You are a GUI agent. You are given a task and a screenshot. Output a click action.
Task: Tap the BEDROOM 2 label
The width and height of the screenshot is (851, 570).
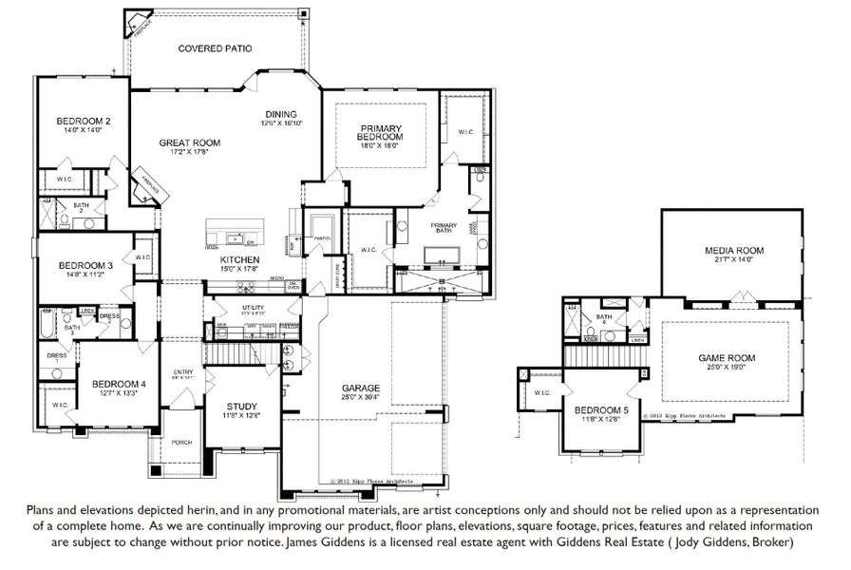pos(84,122)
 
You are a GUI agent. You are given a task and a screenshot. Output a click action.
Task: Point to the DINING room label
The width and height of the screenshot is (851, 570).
pos(280,113)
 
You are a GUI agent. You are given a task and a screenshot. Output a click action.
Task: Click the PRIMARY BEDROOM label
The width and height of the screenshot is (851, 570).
pos(381,133)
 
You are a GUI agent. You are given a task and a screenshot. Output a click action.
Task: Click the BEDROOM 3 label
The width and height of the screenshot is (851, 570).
pos(85,266)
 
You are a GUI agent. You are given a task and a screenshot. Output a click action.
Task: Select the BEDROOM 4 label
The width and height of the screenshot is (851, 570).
pos(119,384)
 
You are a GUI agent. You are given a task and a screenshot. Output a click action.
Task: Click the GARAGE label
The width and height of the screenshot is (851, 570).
pos(361,389)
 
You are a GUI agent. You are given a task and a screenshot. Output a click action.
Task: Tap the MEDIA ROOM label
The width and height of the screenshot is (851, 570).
pos(733,251)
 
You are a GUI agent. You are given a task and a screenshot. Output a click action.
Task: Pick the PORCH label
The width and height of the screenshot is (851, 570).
pos(181,443)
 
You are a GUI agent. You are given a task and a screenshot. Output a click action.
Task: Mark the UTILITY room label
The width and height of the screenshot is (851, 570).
pos(252,308)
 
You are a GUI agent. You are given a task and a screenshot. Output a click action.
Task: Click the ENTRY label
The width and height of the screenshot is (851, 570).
pos(182,371)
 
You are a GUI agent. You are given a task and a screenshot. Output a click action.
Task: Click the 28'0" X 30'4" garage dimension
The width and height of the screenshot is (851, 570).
pos(361,398)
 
